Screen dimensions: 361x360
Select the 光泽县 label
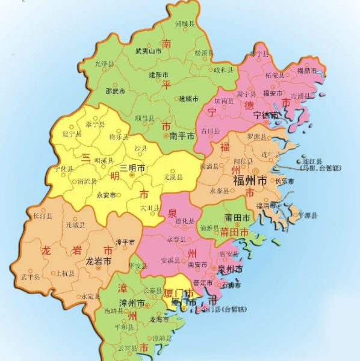pos(105,63)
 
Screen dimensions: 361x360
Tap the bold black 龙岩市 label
pos(98,262)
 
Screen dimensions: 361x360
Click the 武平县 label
pos(30,277)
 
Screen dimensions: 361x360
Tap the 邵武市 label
pos(115,91)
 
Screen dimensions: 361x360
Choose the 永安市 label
pos(107,195)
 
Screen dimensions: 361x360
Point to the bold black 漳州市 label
pos(132,302)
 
